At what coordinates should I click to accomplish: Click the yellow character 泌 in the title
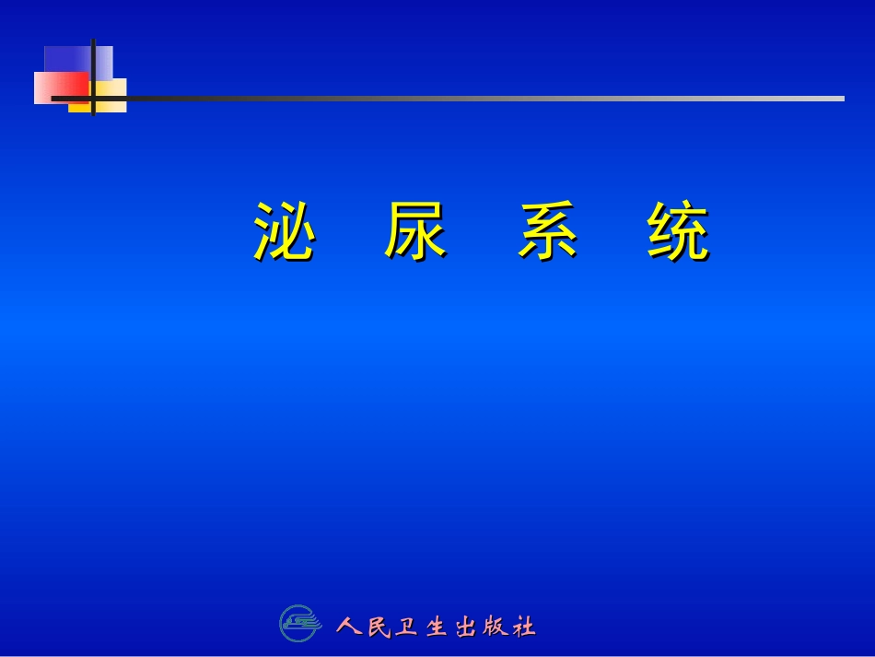click(284, 231)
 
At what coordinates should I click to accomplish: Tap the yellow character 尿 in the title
click(415, 231)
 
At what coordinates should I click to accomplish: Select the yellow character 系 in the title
click(548, 231)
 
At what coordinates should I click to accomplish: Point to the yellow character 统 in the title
click(678, 231)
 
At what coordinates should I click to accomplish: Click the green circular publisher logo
click(298, 624)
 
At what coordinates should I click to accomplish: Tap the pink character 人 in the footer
click(349, 628)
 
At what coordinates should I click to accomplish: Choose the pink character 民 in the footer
click(379, 628)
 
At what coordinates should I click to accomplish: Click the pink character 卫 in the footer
click(406, 628)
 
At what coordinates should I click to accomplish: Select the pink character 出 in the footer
click(466, 628)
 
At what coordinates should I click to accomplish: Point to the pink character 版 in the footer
click(495, 628)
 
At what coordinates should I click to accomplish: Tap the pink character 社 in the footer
click(524, 628)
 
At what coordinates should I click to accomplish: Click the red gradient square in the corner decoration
click(61, 88)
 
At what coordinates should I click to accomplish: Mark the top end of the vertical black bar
click(93, 41)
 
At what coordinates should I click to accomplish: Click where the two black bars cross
click(93, 98)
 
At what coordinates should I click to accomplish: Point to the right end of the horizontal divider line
click(843, 98)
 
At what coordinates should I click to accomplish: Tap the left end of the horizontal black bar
click(52, 98)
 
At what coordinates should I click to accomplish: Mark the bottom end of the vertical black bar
click(93, 115)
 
